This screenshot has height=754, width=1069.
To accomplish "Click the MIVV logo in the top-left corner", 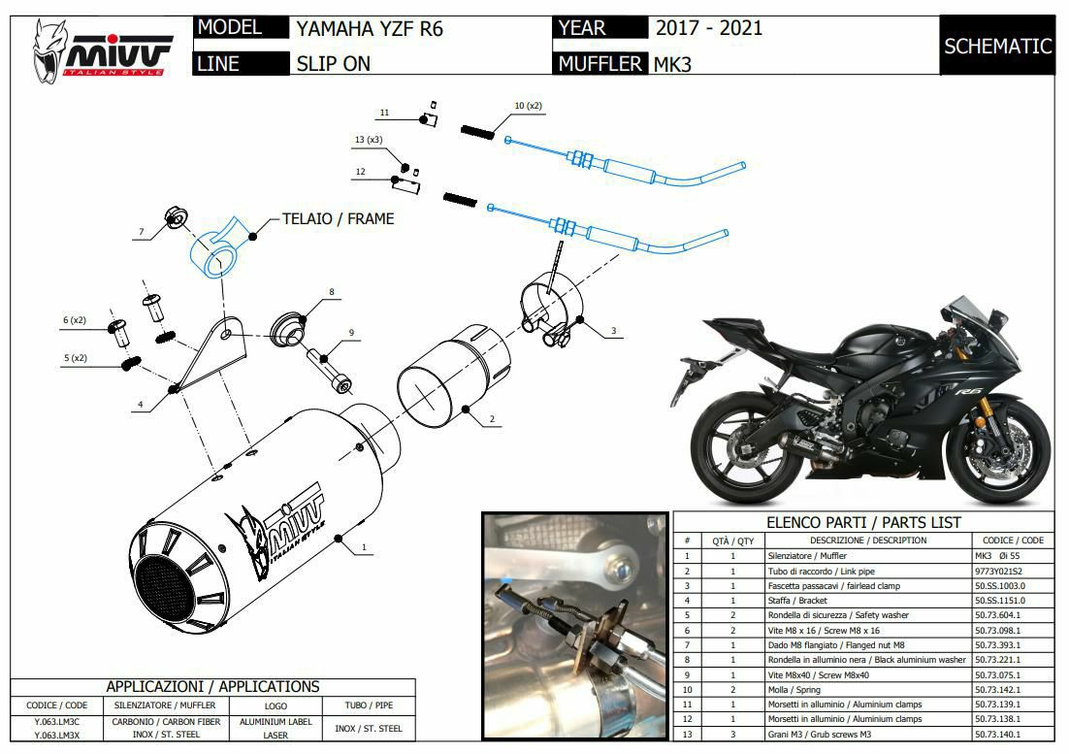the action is [x=101, y=51].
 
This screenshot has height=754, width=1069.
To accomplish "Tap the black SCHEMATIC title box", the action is [x=997, y=45].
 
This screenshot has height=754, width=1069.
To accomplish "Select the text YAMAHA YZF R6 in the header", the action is [x=370, y=29].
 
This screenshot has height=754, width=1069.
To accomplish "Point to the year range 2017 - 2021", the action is [x=709, y=28].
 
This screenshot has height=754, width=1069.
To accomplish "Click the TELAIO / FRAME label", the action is [x=339, y=219].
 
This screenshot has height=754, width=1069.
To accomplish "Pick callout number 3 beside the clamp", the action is [x=613, y=331].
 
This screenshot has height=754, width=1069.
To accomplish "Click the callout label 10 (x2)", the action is [x=528, y=106].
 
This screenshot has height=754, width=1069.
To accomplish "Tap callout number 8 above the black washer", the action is [x=332, y=292].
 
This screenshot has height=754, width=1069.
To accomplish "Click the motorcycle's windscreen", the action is [x=976, y=311].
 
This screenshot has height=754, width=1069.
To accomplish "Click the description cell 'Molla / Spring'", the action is [x=794, y=689].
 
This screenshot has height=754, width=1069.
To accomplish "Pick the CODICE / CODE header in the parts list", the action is [x=1013, y=540].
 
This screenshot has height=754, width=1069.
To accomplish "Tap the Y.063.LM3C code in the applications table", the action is [x=56, y=722].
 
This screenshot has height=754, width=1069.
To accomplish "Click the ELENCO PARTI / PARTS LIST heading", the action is [x=863, y=522].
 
